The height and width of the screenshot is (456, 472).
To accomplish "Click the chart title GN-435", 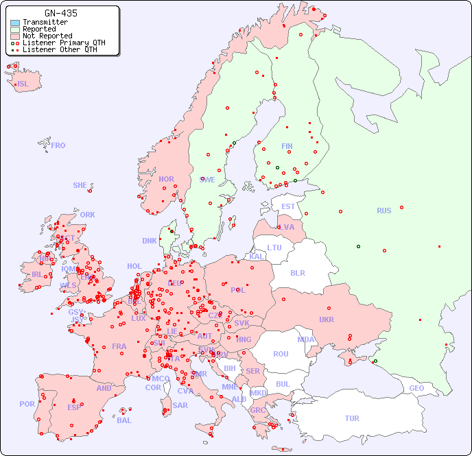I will click(60, 13).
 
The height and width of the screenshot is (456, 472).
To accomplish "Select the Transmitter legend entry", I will click(45, 22).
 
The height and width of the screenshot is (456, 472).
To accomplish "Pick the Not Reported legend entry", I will click(47, 36).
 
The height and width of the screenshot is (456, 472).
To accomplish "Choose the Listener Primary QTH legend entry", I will click(64, 43).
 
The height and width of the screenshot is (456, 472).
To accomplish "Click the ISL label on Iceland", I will click(23, 84).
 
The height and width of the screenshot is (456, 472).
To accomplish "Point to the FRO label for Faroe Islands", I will click(58, 145).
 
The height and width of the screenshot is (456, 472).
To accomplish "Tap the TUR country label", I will click(352, 418).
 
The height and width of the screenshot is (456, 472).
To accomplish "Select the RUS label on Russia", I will click(383, 211).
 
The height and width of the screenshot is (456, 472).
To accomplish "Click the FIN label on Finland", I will click(287, 146).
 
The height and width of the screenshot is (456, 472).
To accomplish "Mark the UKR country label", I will click(327, 320).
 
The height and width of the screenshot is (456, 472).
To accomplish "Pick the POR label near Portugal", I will click(27, 404).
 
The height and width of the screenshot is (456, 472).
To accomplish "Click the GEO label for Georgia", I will click(416, 388).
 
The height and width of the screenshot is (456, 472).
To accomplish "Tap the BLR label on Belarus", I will click(298, 272).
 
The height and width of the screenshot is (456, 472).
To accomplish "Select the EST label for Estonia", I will click(288, 206).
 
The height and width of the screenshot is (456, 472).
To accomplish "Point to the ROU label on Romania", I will click(281, 354).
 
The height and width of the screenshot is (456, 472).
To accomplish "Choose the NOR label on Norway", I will click(166, 179).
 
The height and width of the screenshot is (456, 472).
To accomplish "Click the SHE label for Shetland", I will click(80, 185).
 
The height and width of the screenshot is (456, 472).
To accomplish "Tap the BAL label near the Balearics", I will click(123, 420).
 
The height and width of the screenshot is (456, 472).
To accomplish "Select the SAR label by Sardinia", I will click(180, 405).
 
